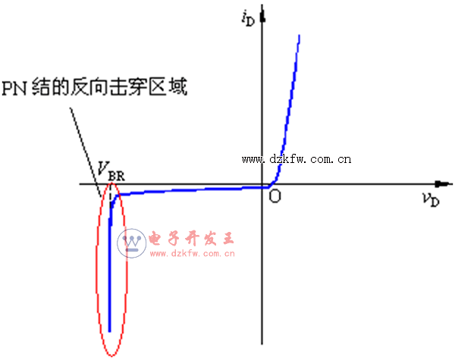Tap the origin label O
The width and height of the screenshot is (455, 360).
click(x=275, y=196)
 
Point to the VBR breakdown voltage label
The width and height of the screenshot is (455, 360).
click(x=110, y=171)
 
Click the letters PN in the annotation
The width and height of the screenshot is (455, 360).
click(x=16, y=88)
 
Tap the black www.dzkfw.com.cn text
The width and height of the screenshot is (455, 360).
click(x=296, y=159)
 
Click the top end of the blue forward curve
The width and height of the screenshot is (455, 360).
click(x=300, y=36)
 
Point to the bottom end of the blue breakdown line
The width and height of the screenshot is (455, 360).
click(x=109, y=331)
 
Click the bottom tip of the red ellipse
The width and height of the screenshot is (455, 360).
click(x=111, y=355)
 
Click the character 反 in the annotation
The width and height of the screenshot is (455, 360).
click(x=80, y=88)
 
